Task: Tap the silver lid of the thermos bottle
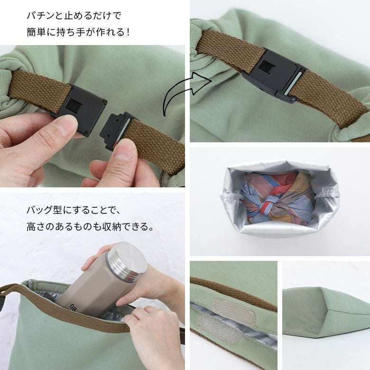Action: pos(128,259)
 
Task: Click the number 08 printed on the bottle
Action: pos(72,307)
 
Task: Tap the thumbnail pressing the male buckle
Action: pos(125,152)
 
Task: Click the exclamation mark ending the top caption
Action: pos(128,32)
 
